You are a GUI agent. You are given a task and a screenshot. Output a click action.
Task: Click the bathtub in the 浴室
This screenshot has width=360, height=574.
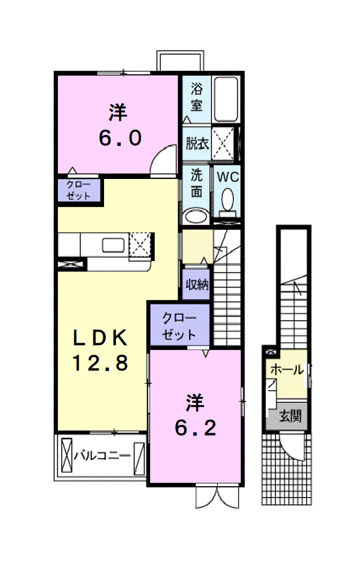click(226, 99)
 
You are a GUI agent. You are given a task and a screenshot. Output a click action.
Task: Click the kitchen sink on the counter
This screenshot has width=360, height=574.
click(114, 245)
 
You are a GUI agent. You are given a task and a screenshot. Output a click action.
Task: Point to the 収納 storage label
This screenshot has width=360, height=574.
click(197, 284)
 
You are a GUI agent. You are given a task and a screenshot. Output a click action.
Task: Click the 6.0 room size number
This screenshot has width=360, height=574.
click(120, 138)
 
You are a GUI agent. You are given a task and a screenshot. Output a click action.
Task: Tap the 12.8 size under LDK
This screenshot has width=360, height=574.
click(100, 363)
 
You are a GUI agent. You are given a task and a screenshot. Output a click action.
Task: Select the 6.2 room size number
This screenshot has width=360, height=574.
click(196, 428)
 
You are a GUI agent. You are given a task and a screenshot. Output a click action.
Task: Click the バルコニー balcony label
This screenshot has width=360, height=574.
click(102, 456)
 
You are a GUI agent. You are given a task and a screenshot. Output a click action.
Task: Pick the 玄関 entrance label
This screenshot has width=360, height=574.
click(290, 416)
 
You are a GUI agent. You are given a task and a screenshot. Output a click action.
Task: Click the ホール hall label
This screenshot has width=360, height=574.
click(287, 370)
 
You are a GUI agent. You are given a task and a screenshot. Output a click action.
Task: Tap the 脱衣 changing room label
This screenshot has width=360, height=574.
click(197, 143)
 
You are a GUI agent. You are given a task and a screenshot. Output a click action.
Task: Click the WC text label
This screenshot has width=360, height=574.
click(228, 177)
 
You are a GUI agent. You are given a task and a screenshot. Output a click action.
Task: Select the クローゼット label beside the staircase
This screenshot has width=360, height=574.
click(179, 326)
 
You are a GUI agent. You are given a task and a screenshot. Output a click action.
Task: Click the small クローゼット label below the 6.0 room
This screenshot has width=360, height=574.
click(79, 190)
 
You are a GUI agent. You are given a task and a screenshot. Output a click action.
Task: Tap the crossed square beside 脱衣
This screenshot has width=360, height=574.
click(223, 143)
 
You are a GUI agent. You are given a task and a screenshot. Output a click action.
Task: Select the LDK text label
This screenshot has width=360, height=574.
click(100, 338)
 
